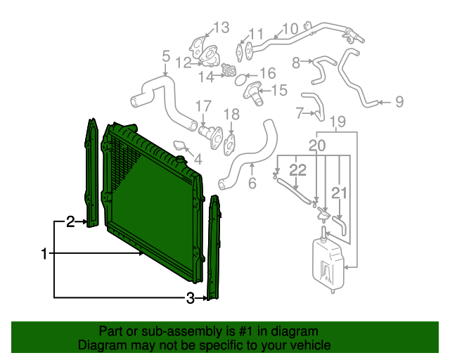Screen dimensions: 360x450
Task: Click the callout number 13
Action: (221, 27)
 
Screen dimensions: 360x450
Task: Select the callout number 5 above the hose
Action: (166, 56)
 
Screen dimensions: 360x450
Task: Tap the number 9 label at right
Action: (399, 102)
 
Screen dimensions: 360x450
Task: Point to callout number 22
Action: (298, 169)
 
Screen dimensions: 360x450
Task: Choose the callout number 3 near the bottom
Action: (190, 299)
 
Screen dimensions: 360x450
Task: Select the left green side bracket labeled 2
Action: (91, 172)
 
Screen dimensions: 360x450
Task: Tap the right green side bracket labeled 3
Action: (213, 246)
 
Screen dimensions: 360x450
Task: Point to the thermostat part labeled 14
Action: (227, 70)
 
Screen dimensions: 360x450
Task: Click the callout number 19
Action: (337, 122)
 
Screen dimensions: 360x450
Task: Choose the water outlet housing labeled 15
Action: (252, 92)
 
